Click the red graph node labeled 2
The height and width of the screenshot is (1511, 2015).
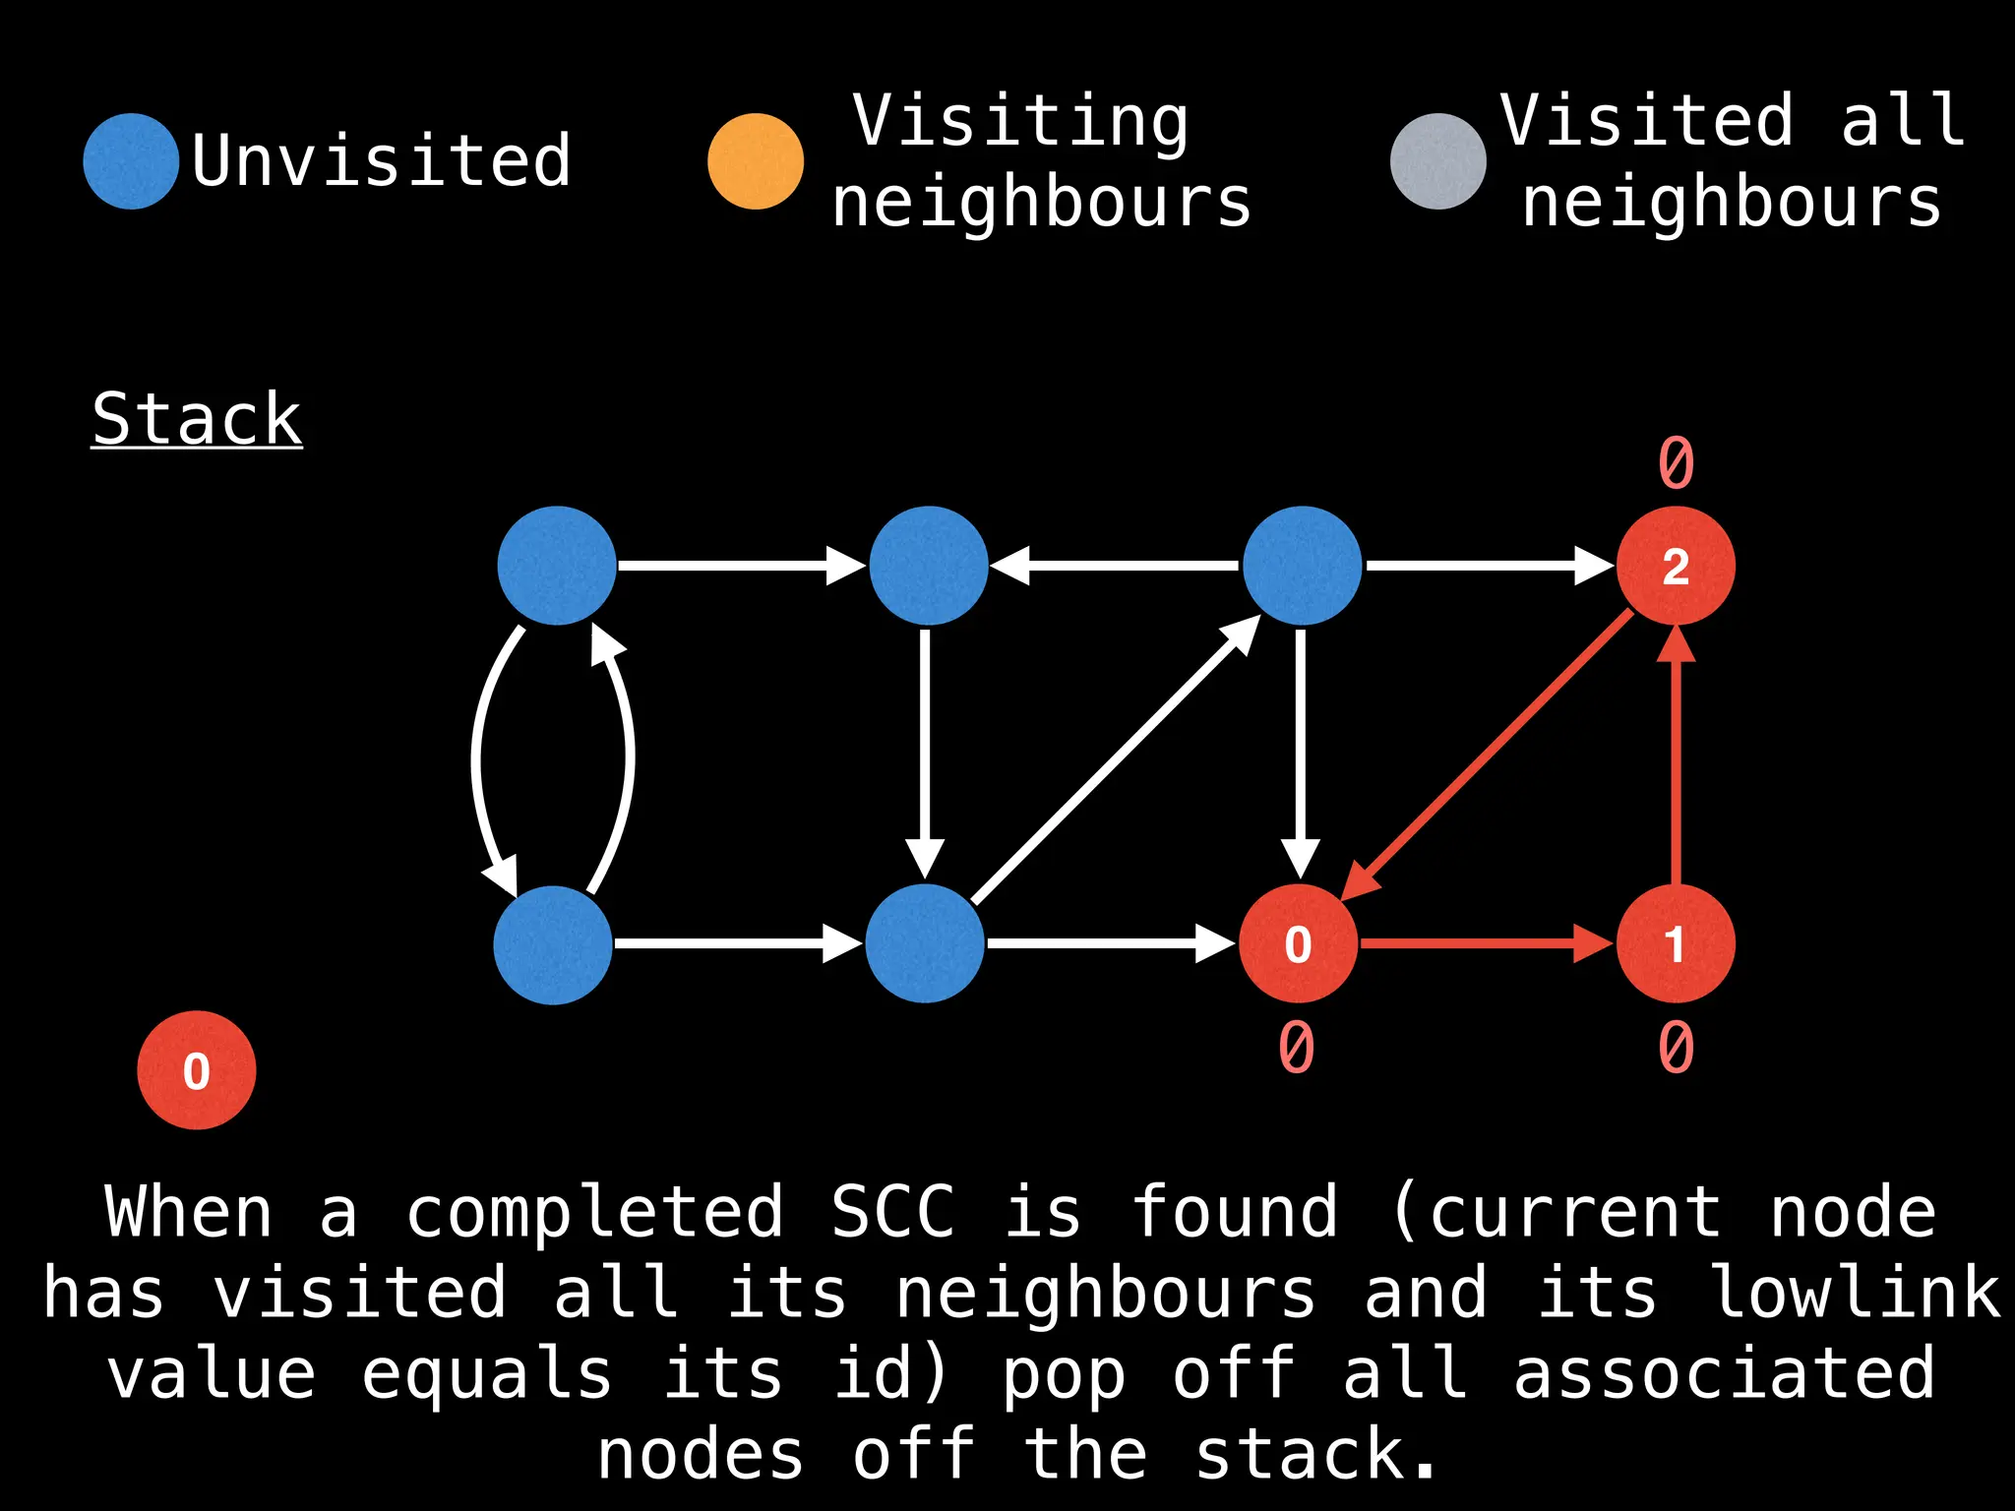click(x=1676, y=566)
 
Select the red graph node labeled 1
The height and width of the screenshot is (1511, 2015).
click(x=1676, y=943)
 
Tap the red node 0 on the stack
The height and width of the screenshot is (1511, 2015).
click(x=197, y=1070)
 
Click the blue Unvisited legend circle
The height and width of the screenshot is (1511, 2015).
click(x=131, y=161)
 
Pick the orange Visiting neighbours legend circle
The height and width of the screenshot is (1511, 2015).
click(x=756, y=161)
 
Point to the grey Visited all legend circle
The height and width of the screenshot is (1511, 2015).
click(x=1437, y=161)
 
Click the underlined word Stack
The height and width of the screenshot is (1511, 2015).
click(x=197, y=419)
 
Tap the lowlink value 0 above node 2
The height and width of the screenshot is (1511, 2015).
click(x=1676, y=462)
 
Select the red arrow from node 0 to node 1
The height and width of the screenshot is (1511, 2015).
click(x=1486, y=943)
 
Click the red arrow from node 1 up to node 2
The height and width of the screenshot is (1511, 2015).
click(x=1676, y=757)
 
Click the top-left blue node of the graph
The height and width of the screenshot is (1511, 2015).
click(x=557, y=566)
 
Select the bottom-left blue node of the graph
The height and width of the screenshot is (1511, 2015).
click(x=553, y=944)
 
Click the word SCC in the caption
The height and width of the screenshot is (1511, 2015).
click(x=892, y=1212)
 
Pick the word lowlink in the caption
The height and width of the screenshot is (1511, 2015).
click(x=1856, y=1293)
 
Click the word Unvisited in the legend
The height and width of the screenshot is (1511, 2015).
click(x=381, y=161)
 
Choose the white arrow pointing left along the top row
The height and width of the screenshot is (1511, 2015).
click(x=1114, y=566)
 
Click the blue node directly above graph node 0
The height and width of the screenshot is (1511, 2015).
click(x=1302, y=566)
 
